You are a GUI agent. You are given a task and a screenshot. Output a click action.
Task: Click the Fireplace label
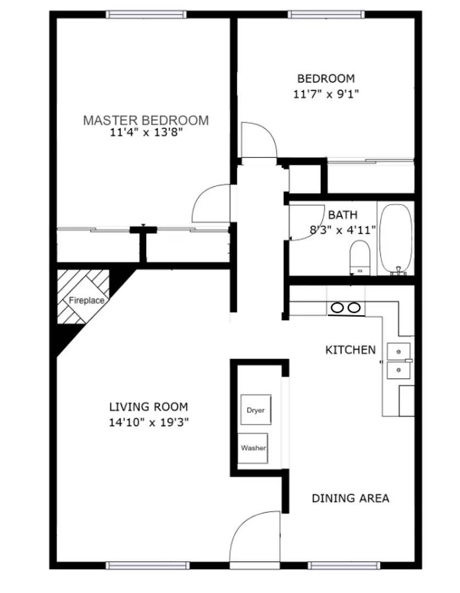click(86, 300)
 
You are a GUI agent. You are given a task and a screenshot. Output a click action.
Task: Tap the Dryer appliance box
click(256, 410)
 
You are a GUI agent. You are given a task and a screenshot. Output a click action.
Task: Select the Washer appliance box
click(253, 448)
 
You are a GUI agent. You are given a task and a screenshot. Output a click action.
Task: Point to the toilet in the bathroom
click(361, 256)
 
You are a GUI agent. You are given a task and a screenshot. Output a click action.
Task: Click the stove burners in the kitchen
click(346, 308)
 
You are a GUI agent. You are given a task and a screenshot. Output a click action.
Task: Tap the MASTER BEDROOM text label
click(146, 120)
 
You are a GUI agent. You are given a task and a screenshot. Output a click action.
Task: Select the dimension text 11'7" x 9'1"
click(326, 94)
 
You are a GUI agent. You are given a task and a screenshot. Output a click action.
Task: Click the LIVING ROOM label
click(148, 407)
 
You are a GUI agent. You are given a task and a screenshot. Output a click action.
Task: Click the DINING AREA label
click(351, 499)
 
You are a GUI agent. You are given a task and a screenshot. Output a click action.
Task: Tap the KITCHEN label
click(351, 350)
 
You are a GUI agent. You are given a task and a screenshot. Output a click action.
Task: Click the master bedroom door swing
click(212, 203)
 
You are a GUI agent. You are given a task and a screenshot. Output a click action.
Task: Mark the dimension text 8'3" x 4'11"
click(343, 230)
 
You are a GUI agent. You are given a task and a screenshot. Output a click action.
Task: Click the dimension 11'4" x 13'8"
click(146, 132)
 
